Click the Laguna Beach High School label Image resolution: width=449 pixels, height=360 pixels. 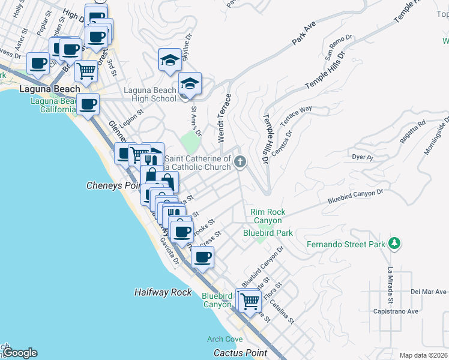coord(150,95)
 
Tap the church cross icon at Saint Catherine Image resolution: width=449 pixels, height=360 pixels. coord(240,161)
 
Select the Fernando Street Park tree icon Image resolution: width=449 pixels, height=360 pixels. coord(394,243)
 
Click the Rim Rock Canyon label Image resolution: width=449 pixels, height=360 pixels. coord(268,216)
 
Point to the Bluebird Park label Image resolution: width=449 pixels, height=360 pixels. coord(268,233)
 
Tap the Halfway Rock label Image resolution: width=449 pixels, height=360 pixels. coord(163,292)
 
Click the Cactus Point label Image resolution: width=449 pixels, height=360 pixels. coord(240,352)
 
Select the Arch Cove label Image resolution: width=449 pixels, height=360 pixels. coord(225,339)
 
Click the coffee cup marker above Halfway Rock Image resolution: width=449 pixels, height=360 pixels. coord(202,257)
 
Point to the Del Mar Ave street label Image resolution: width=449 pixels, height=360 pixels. coord(429,292)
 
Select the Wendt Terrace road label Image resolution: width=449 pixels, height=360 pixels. coord(221,118)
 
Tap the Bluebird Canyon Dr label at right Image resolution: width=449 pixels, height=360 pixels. coord(355,196)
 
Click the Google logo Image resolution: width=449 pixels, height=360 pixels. coord(20,353)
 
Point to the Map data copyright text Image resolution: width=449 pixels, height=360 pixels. coord(424,355)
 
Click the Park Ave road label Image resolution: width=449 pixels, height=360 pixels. coord(303,34)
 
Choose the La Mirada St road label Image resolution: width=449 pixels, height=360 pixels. coord(390,284)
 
